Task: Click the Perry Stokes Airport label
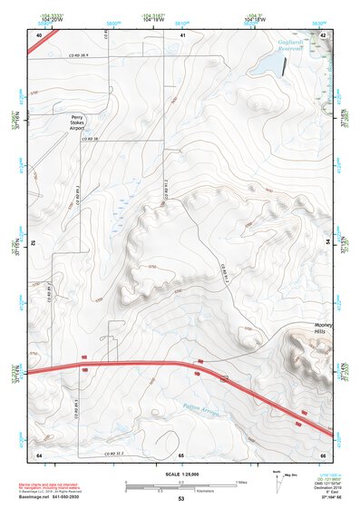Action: pyautogui.click(x=75, y=123)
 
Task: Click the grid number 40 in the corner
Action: pyautogui.click(x=39, y=34)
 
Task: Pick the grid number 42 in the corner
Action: pyautogui.click(x=324, y=34)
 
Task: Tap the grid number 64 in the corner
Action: pyautogui.click(x=39, y=454)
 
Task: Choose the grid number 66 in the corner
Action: pyautogui.click(x=323, y=454)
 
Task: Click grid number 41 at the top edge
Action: pyautogui.click(x=182, y=34)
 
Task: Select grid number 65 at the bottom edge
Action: pyautogui.click(x=181, y=454)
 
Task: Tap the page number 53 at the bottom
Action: pyautogui.click(x=181, y=499)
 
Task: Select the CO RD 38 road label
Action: pyautogui.click(x=88, y=139)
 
